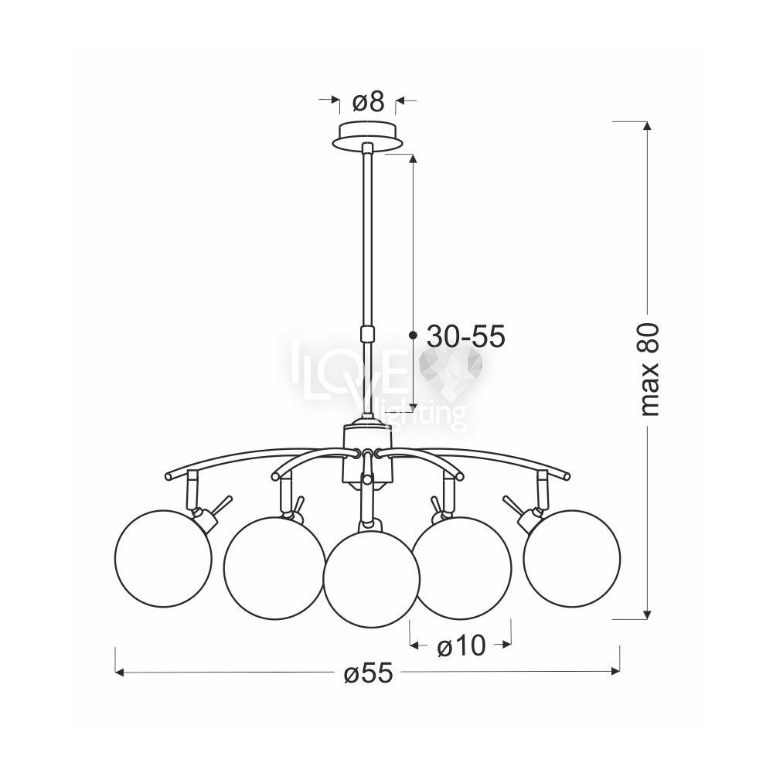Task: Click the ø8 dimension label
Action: point(368,103)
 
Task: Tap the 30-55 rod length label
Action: point(466,337)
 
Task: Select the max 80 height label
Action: point(650,369)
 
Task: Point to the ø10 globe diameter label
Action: point(461,646)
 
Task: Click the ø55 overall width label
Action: point(369,673)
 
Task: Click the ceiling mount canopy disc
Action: point(367,135)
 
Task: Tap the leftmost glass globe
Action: point(162,557)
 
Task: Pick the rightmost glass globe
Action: point(572,557)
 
